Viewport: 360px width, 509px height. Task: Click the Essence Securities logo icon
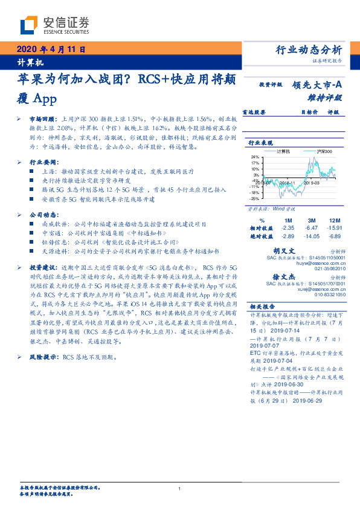[x=28, y=25]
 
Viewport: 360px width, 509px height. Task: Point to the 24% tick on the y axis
[x=256, y=157]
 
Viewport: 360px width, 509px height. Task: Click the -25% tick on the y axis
[x=256, y=199]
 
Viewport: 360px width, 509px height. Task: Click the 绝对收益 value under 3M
[x=312, y=235]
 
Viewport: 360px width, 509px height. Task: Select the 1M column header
[x=288, y=220]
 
